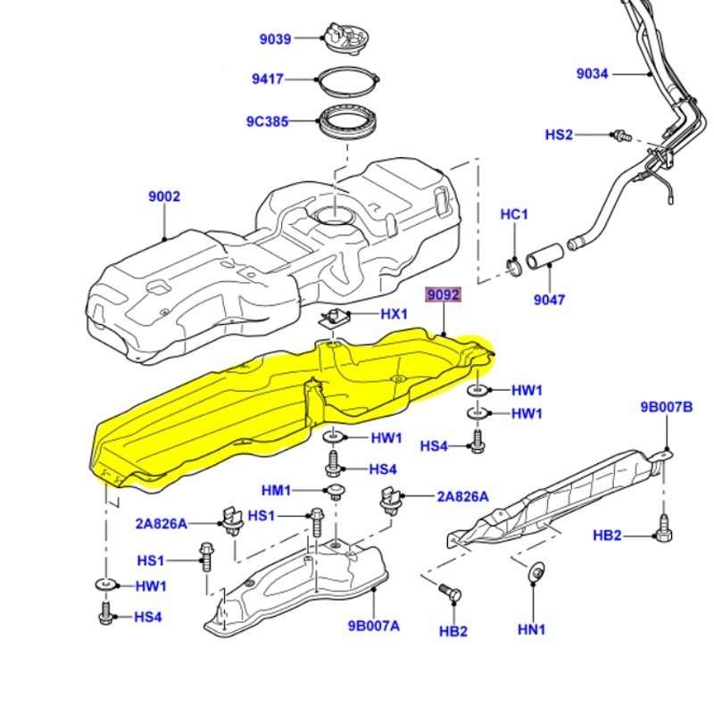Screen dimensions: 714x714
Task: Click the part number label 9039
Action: (x=275, y=38)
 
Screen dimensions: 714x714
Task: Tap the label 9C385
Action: (x=267, y=122)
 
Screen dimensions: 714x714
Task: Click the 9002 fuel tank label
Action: (x=164, y=196)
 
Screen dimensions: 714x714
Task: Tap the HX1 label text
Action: (x=394, y=314)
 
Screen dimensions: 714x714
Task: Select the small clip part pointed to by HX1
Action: (x=337, y=317)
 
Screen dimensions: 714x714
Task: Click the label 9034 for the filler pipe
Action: (x=592, y=74)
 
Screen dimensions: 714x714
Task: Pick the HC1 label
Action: (x=514, y=214)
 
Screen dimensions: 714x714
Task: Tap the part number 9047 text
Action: (x=549, y=301)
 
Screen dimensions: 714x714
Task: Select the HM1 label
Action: (x=276, y=491)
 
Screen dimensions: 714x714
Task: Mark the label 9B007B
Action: (x=666, y=408)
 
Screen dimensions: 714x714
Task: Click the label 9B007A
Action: (x=373, y=626)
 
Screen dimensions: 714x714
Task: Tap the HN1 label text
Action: (x=531, y=630)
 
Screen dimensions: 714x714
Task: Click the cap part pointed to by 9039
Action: (x=345, y=37)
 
